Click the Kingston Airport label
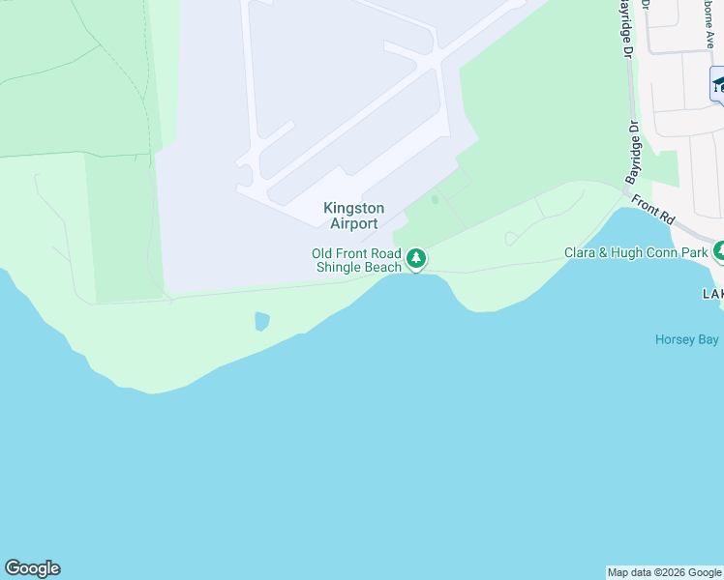coord(353,216)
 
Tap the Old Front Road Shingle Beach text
coord(356,260)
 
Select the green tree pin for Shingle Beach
coord(416,258)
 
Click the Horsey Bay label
coord(686,339)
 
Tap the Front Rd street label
coord(652,210)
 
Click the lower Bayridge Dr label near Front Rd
coord(632,153)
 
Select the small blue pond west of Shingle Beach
coord(261,321)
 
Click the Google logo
coord(32,568)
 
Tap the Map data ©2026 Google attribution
coord(664,572)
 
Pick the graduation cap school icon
coord(718,84)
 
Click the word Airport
coord(353,223)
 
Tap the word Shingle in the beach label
coord(343,267)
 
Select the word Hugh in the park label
coord(625,253)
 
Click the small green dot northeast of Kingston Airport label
coord(435,199)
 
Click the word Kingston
coord(353,208)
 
